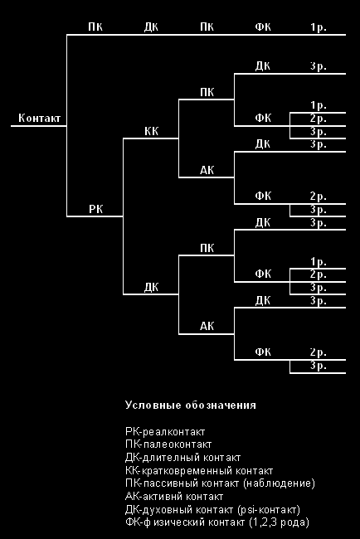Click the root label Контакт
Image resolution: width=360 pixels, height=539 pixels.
click(x=39, y=119)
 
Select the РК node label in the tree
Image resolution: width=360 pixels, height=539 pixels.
click(x=95, y=209)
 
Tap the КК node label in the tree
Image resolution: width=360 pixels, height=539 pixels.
click(x=151, y=131)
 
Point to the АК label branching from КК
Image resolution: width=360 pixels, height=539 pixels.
click(x=207, y=170)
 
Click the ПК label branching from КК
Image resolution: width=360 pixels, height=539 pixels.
click(x=207, y=92)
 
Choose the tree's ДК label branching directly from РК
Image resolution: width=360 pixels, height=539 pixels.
click(x=151, y=287)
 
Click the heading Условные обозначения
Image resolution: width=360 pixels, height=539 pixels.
click(x=191, y=405)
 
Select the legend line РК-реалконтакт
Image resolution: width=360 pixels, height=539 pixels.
click(x=165, y=431)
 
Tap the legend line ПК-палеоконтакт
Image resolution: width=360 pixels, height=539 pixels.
click(x=168, y=444)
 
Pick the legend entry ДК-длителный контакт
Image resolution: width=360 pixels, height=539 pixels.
click(x=183, y=458)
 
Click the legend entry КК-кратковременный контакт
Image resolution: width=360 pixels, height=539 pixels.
click(x=199, y=471)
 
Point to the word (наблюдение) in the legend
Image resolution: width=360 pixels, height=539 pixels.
click(x=279, y=483)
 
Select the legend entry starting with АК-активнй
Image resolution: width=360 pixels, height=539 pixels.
click(x=174, y=497)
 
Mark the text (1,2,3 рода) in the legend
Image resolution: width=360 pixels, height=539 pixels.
click(x=279, y=522)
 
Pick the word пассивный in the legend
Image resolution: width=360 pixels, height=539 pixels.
click(x=170, y=483)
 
